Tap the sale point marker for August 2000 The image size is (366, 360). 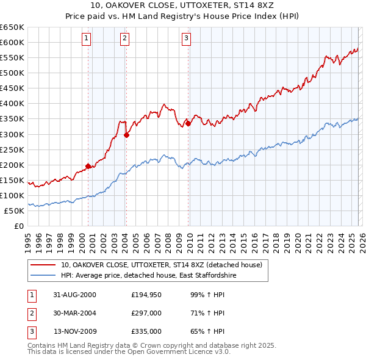point(88,165)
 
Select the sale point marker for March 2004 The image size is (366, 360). point(127,135)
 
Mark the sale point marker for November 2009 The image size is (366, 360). point(188,123)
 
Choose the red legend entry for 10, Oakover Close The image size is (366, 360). point(161,265)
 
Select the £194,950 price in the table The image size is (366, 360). point(146,295)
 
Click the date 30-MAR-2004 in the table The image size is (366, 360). point(74,313)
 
